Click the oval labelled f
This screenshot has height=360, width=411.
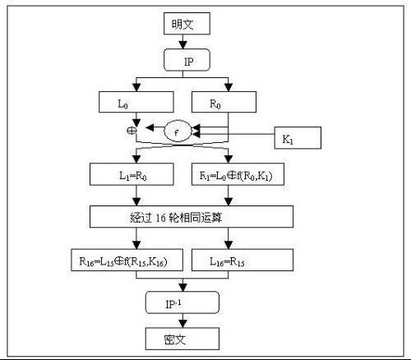179,129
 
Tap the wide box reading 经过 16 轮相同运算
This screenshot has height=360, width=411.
191,216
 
